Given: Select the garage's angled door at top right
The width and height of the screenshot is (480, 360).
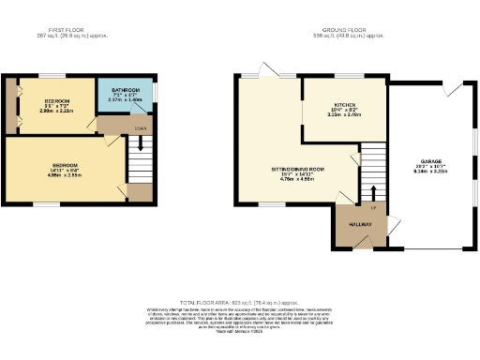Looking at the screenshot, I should pos(452,89).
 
